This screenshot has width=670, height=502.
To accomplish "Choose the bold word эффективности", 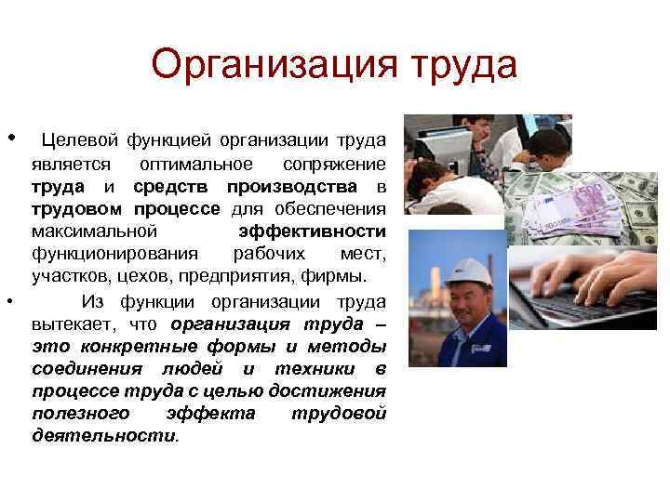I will [312, 231].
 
